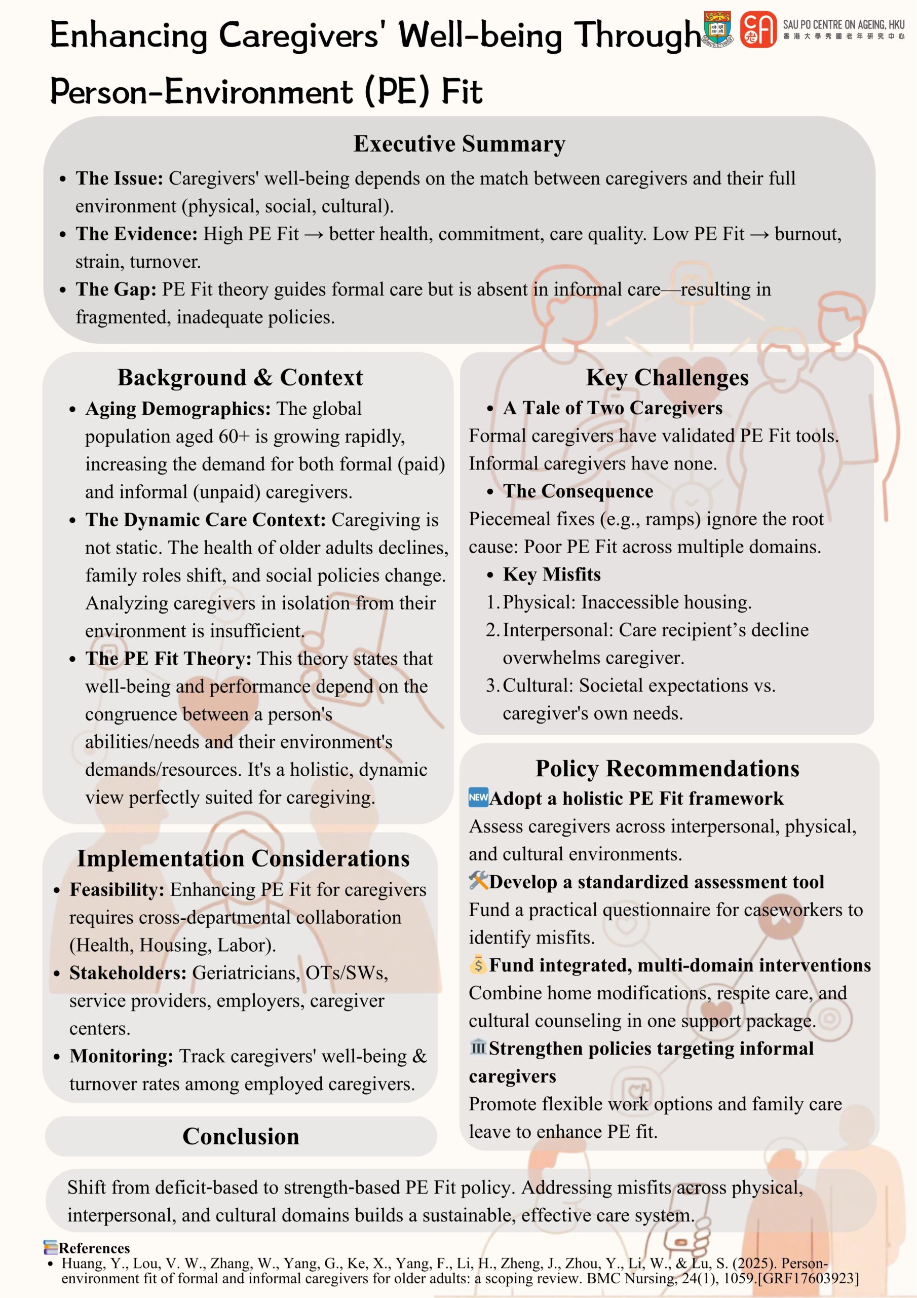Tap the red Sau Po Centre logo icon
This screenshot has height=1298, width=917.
[758, 29]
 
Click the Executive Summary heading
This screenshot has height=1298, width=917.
[459, 143]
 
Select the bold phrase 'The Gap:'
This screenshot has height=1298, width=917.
[116, 290]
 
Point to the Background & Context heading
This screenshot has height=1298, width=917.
[240, 378]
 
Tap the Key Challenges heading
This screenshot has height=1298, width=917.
[667, 378]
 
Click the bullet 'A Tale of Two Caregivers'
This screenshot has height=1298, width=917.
[613, 408]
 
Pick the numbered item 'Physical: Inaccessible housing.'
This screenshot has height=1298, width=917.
[627, 602]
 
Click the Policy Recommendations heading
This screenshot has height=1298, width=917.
[667, 768]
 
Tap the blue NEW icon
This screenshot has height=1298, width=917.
[478, 797]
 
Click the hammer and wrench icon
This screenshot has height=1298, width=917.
[478, 880]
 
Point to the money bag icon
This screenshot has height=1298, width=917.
[478, 964]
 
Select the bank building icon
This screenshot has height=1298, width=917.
[478, 1047]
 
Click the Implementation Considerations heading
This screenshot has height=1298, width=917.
[243, 858]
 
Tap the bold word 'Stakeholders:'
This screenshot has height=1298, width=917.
[128, 972]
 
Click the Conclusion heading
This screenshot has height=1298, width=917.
[241, 1136]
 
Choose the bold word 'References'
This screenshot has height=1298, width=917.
[94, 1248]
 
